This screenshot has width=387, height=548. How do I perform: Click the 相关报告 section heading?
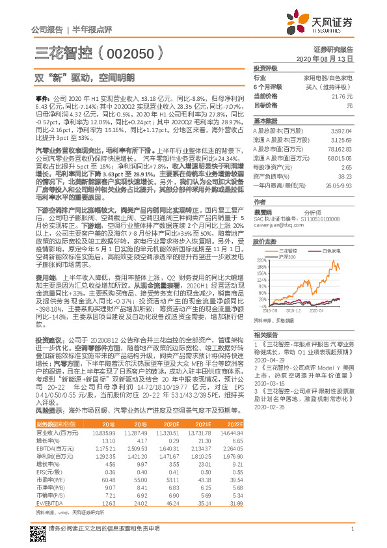pyautogui.click(x=265, y=333)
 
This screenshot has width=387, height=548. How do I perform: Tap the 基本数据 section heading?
pyautogui.click(x=265, y=121)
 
